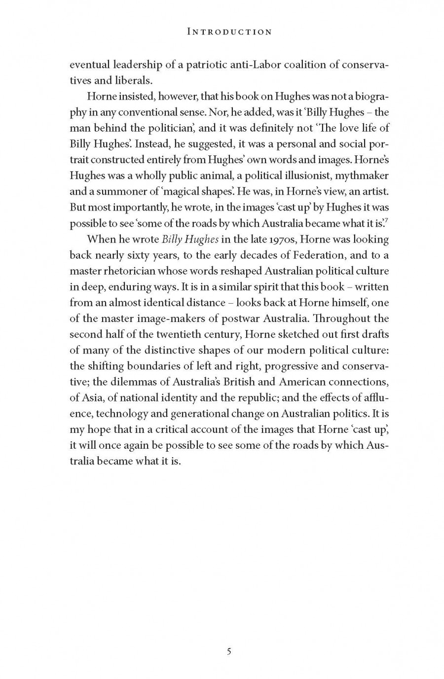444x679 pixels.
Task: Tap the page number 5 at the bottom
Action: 229,651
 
